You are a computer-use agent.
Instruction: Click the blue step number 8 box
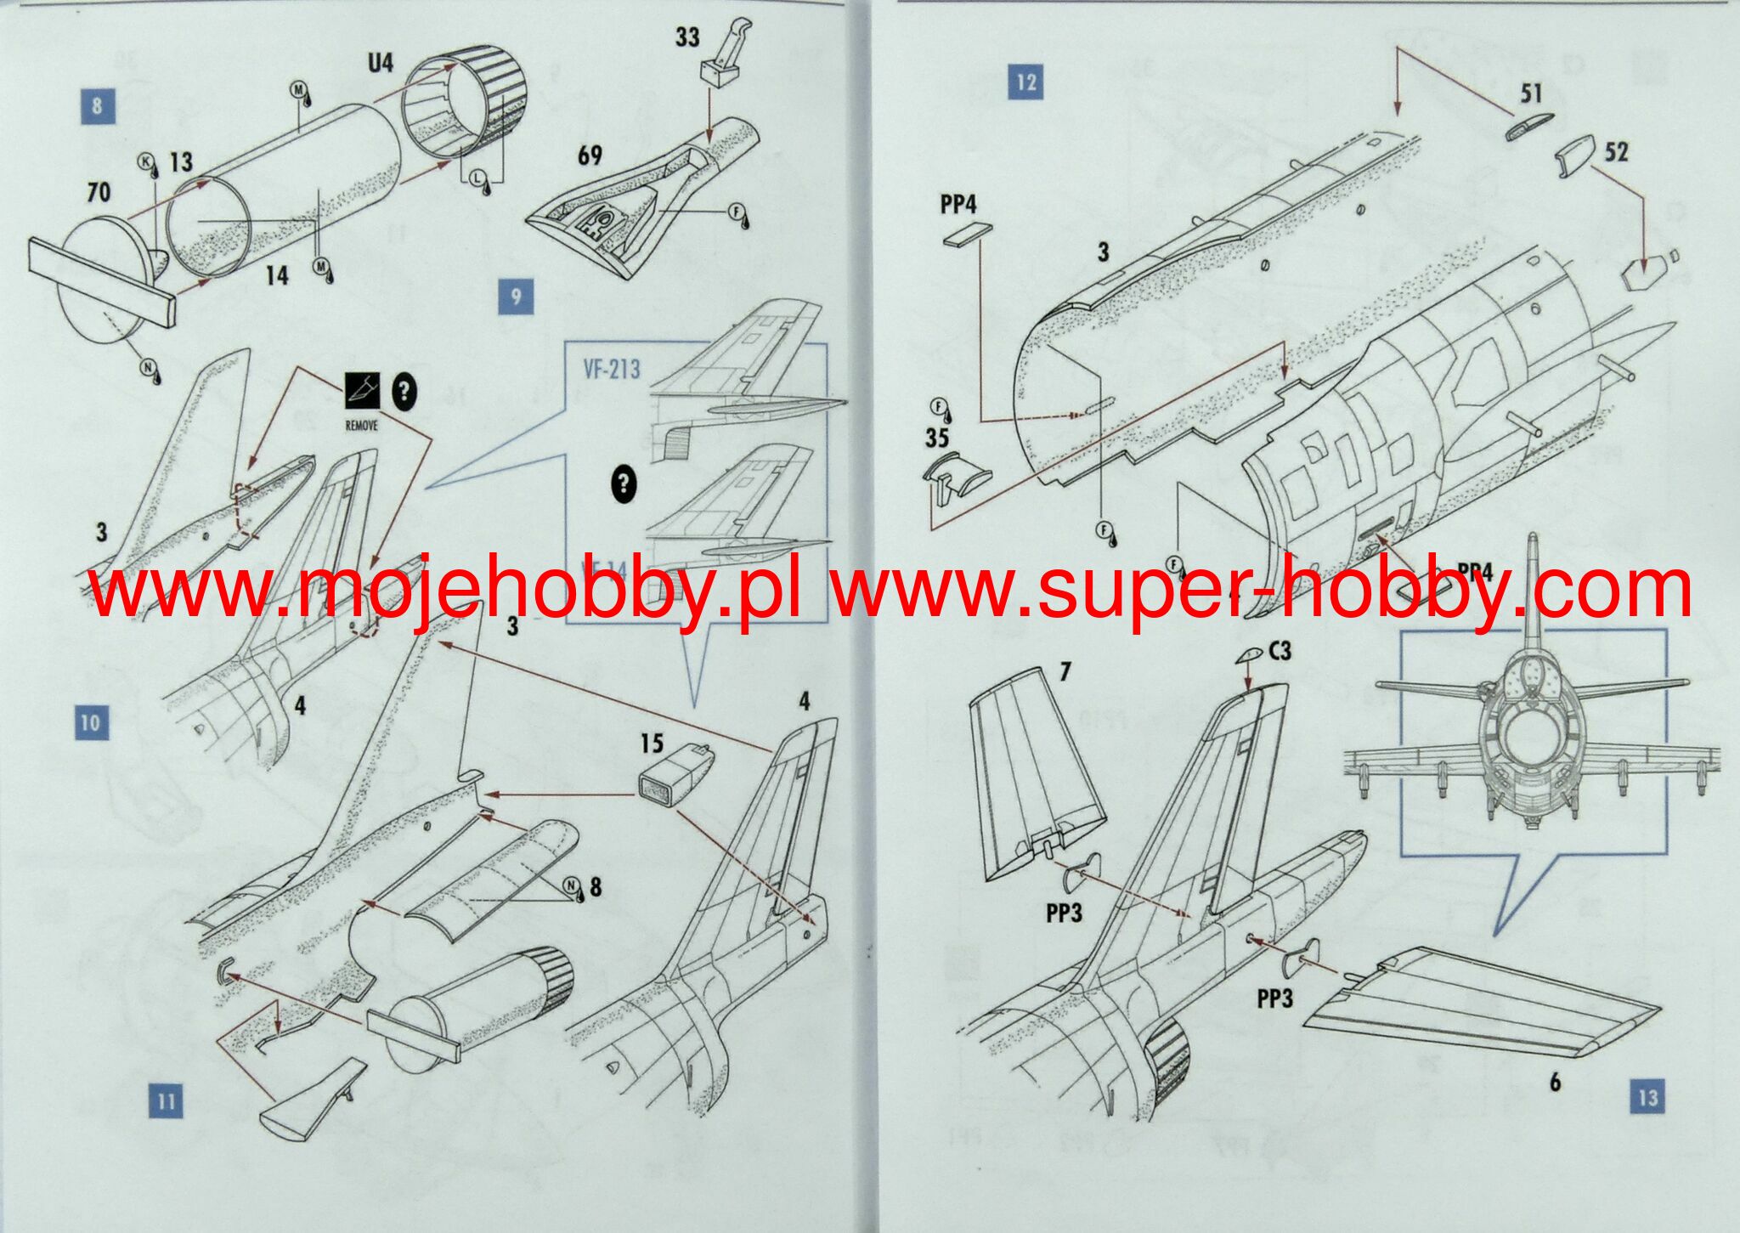point(98,106)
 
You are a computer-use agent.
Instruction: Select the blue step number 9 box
point(516,297)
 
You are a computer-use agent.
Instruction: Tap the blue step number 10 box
point(91,723)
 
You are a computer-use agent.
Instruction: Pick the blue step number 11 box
point(166,1101)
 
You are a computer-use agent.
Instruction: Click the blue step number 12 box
point(1026,82)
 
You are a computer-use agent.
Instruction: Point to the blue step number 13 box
point(1647,1096)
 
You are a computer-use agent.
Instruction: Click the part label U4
point(380,62)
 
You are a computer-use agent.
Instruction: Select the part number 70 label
point(99,192)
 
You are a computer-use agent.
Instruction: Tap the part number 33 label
point(687,37)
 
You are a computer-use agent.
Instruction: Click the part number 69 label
point(590,156)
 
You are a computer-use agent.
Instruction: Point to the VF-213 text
point(612,370)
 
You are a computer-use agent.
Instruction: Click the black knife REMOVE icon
point(361,392)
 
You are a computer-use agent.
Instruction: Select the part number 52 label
point(1616,152)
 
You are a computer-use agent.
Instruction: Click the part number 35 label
point(937,438)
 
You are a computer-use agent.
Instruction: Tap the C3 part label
point(1280,651)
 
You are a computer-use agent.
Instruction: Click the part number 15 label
point(652,744)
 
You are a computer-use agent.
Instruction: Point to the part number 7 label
point(1065,672)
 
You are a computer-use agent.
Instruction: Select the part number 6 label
point(1555,1082)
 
